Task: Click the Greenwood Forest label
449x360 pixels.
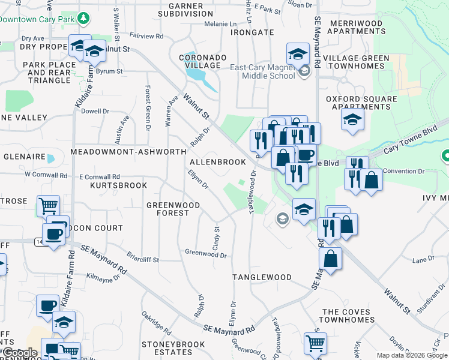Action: [173, 209]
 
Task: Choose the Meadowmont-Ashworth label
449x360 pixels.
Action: [128, 152]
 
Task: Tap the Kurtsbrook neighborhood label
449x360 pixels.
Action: [118, 185]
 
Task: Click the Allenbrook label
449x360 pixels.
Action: [218, 162]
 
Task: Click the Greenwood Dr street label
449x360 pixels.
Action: [206, 254]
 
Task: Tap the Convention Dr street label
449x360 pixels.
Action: [404, 172]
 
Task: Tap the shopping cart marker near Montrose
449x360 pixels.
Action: [48, 206]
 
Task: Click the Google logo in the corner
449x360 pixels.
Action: [20, 353]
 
